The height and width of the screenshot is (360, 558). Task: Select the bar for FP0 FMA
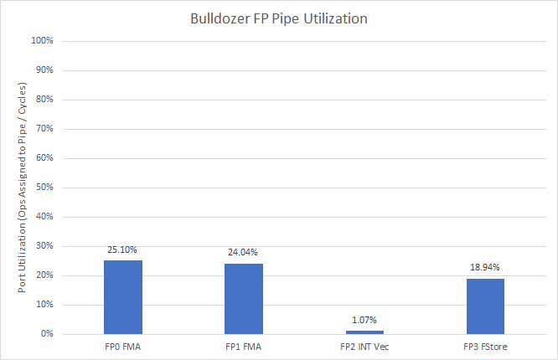(x=123, y=297)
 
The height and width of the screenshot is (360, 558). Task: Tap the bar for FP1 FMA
(x=243, y=299)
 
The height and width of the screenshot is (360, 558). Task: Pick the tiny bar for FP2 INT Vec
(x=364, y=332)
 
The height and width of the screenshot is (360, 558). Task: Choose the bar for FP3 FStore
(x=485, y=306)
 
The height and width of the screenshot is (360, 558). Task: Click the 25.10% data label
(x=123, y=249)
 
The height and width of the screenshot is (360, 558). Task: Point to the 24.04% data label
(x=243, y=253)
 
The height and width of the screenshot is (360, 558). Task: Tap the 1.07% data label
(x=364, y=320)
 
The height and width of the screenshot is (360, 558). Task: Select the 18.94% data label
(x=485, y=268)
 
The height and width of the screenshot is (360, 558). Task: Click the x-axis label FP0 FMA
(x=123, y=345)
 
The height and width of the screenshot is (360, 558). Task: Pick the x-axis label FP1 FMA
(x=243, y=345)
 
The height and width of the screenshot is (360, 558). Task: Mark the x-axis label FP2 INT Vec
(x=364, y=345)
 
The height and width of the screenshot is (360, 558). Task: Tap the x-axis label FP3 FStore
(x=485, y=345)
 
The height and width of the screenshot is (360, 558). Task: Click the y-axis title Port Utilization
(x=23, y=188)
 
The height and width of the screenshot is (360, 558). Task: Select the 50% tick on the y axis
(x=44, y=188)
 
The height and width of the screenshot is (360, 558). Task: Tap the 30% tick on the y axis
(x=44, y=246)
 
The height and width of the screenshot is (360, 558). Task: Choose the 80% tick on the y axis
(x=44, y=100)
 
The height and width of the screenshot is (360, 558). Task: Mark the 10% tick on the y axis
(x=44, y=305)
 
